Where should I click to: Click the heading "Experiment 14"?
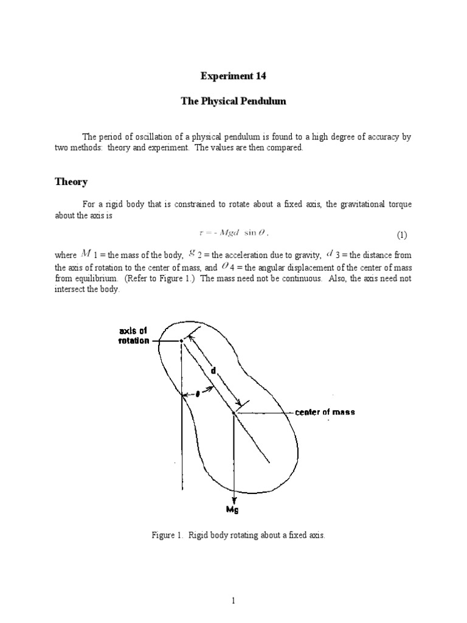(233, 77)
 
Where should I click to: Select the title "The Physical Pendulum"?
(233, 101)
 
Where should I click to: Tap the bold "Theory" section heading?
(71, 182)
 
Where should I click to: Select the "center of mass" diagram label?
(325, 412)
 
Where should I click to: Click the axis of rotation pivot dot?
(181, 341)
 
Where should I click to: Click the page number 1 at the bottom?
(233, 601)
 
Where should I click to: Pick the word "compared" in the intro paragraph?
(284, 148)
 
